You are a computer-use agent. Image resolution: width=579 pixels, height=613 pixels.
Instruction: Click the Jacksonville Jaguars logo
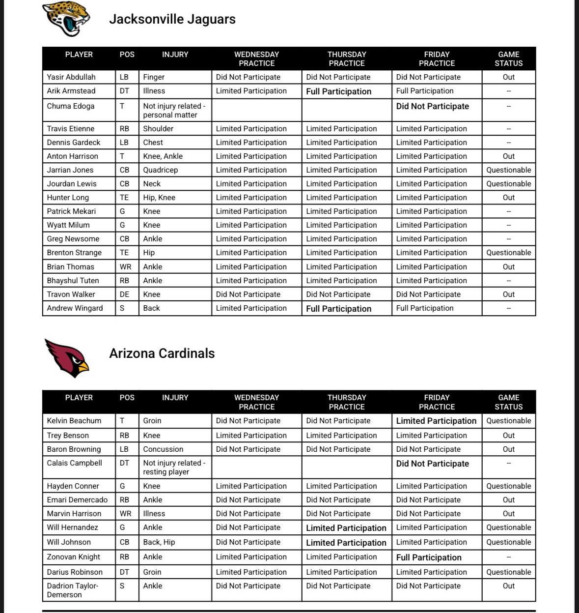(x=66, y=19)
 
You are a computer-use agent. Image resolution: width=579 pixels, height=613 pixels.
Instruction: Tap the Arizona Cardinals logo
(x=67, y=357)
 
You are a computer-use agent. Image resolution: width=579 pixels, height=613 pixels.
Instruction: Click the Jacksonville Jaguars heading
(x=172, y=19)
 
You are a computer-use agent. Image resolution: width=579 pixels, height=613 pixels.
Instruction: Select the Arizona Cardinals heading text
(x=162, y=353)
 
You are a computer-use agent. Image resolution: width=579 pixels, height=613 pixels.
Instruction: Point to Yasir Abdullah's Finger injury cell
(x=154, y=77)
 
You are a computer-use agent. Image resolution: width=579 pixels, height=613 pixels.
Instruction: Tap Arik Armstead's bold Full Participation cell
(x=338, y=91)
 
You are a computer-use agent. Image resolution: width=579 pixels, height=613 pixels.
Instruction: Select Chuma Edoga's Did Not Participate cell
(x=432, y=106)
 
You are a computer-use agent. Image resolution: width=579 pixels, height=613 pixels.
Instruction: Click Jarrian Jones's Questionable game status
(x=508, y=170)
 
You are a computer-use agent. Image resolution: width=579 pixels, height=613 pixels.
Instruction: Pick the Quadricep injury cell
(x=160, y=170)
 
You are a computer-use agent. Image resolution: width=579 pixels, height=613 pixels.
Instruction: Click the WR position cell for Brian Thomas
(x=125, y=267)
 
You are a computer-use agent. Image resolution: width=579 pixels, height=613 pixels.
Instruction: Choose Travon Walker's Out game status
(x=508, y=294)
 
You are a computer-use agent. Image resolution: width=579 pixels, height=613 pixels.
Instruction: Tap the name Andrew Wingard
(x=75, y=308)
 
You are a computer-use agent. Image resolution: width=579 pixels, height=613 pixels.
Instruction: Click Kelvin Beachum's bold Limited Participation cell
(x=436, y=421)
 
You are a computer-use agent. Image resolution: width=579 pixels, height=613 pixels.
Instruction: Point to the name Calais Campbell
(x=74, y=463)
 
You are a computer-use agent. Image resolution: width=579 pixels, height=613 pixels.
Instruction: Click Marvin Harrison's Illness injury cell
(x=154, y=514)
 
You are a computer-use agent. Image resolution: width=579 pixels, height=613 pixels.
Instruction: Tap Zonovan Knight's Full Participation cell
(x=429, y=557)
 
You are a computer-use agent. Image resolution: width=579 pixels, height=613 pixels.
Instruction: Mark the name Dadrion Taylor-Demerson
(x=72, y=590)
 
